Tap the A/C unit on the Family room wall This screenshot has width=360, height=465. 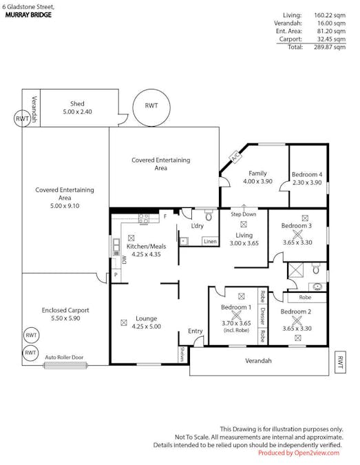pos(235,157)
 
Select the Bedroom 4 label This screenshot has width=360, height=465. pos(307,174)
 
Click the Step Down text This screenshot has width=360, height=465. pos(244,214)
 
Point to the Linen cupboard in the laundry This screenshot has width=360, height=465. pos(210,241)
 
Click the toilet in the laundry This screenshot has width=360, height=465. pos(209,216)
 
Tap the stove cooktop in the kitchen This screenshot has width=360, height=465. pos(144,219)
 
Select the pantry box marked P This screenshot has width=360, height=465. pos(116,275)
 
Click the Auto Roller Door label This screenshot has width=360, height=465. pos(64,358)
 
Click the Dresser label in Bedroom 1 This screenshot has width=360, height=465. pos(262,316)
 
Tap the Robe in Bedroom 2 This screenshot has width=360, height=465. pos(305,298)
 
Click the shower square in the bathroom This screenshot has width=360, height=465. pos(296,270)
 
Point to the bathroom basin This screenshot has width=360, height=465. pos(317,287)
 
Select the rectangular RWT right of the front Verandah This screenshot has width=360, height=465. pos(340,362)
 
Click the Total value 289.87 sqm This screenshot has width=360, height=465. pos(330,47)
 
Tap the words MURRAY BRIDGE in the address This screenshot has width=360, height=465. pos(28,15)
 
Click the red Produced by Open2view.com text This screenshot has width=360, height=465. pos(299,453)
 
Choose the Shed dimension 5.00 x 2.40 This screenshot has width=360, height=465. pos(77,112)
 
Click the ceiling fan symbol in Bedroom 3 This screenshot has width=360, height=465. pos(297,235)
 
